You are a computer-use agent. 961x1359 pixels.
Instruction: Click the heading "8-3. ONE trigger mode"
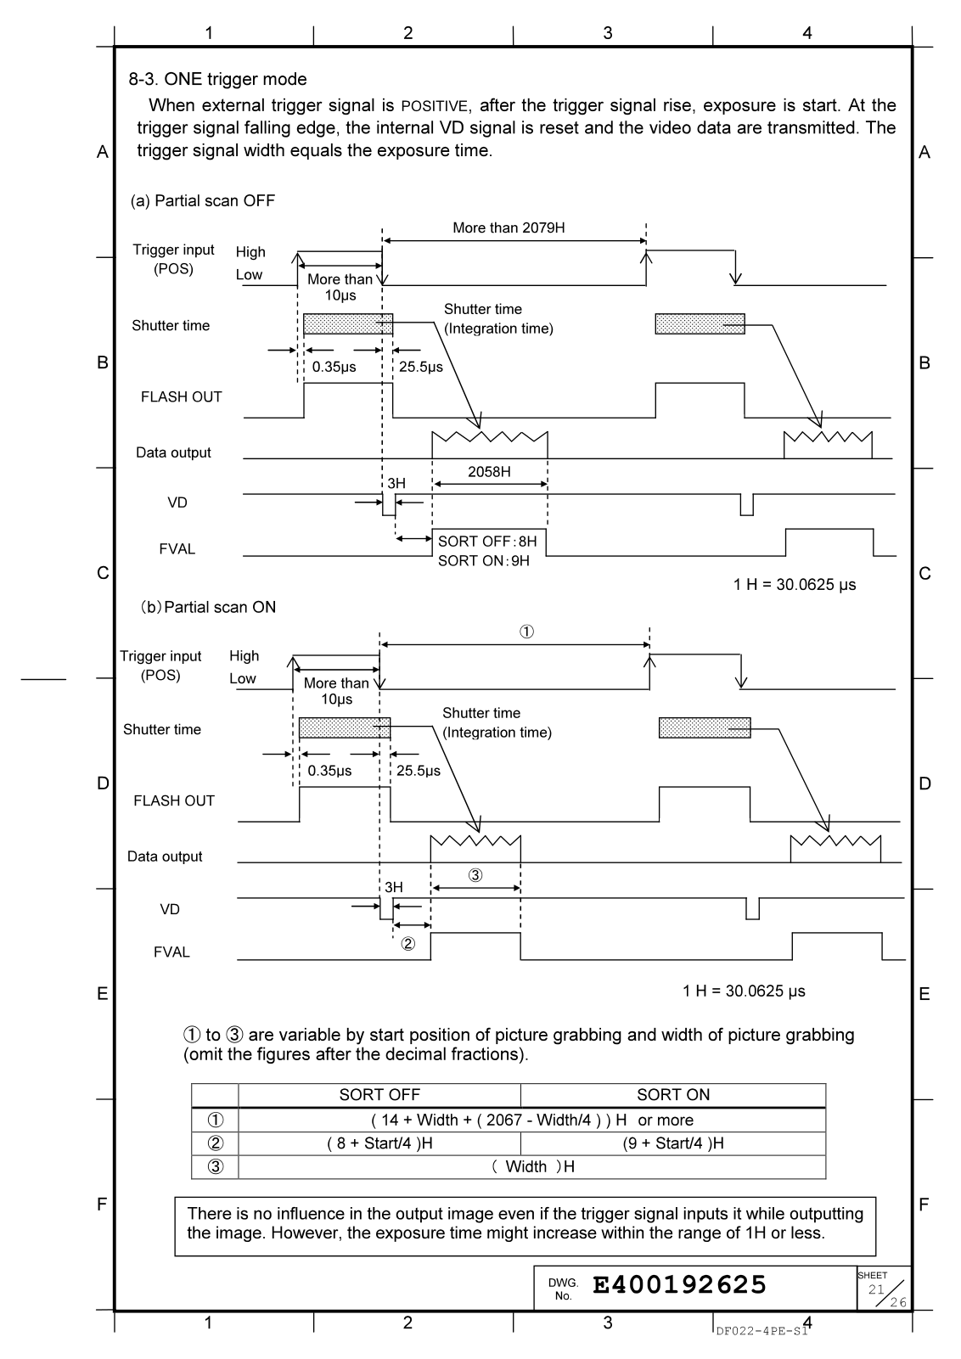pos(217,80)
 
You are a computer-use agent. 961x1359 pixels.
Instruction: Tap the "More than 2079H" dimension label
pos(509,227)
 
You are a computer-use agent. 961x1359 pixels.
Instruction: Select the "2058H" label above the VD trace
pos(489,472)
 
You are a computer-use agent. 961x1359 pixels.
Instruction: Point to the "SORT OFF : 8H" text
pos(487,542)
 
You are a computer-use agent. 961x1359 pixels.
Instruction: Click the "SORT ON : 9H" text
pos(484,560)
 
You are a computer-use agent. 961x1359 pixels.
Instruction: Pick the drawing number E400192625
pos(679,1285)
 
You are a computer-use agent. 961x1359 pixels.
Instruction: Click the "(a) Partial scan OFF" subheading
pos(202,201)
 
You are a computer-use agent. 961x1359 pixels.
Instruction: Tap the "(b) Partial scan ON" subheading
pos(208,607)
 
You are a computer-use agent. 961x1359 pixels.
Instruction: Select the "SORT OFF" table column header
pos(379,1095)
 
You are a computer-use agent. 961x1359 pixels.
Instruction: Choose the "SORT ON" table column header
pos(673,1095)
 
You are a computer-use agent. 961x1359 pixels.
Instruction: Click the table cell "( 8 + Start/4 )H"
pos(379,1143)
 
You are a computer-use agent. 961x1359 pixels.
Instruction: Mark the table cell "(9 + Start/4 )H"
pos(673,1143)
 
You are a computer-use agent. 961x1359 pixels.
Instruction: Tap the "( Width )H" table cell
pos(532,1166)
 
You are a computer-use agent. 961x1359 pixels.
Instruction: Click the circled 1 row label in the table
pos(216,1120)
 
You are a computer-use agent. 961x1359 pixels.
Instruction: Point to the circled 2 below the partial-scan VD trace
pos(408,944)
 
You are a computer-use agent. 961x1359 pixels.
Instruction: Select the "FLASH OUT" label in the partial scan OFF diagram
pos(181,396)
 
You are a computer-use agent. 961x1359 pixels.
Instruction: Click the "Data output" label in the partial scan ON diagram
pos(165,856)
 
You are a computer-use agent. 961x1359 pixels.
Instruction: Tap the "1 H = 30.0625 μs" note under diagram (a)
pos(795,585)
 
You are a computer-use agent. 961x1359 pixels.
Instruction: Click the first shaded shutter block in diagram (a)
pos(348,323)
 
